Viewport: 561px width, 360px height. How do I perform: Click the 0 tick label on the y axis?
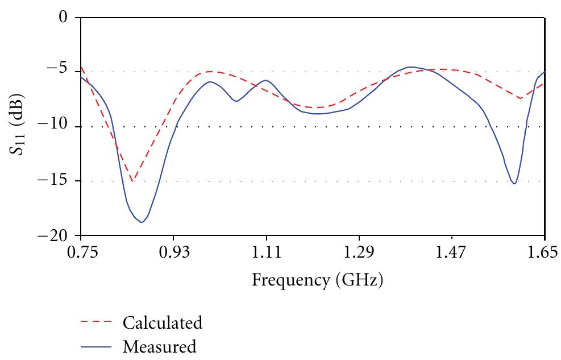(x=63, y=18)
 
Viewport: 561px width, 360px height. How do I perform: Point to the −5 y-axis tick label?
(x=57, y=72)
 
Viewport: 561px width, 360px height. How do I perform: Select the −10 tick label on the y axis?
(x=54, y=127)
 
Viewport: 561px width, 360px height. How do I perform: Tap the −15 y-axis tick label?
(x=54, y=181)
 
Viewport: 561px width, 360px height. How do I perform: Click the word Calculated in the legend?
(x=162, y=324)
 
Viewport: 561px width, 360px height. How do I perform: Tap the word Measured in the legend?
(x=160, y=346)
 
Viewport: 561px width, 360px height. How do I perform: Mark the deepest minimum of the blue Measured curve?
(x=141, y=222)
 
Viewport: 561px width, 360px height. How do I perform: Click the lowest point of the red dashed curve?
(x=132, y=181)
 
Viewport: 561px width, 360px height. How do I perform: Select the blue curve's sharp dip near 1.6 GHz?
(x=514, y=184)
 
